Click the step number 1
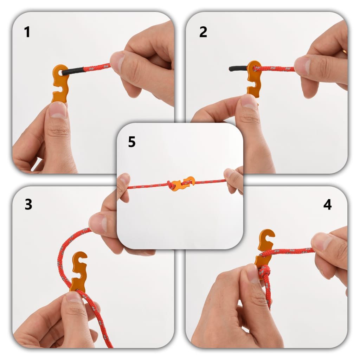coord(27,32)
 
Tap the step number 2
coord(203,32)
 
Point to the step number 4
coord(327,205)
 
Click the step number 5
coord(131,142)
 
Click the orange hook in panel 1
coord(60,84)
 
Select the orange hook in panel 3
coord(79,271)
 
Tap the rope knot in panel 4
coord(265,272)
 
